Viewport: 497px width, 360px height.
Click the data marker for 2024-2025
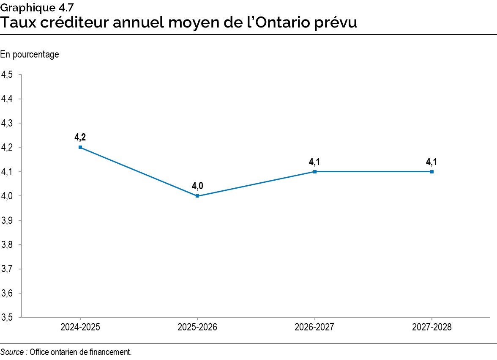80,147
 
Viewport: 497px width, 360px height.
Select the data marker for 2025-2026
197,196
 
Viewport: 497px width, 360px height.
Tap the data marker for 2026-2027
314,172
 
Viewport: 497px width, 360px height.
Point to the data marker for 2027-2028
431,172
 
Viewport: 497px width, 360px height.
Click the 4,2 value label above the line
80,137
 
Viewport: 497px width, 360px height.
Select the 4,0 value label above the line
197,186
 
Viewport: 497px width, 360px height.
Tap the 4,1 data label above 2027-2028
431,162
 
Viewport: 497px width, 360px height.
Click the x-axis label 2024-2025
80,327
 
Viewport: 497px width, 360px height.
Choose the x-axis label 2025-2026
197,327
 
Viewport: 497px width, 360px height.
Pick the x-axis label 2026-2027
314,327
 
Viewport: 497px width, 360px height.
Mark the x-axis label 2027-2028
431,327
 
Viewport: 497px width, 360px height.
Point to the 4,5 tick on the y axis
7,74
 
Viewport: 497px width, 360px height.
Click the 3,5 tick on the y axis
7,318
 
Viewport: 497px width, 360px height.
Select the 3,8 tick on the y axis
7,245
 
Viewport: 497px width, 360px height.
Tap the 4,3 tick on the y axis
7,123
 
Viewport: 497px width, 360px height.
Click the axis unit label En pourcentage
30,55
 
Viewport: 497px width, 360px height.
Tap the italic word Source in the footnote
12,352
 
